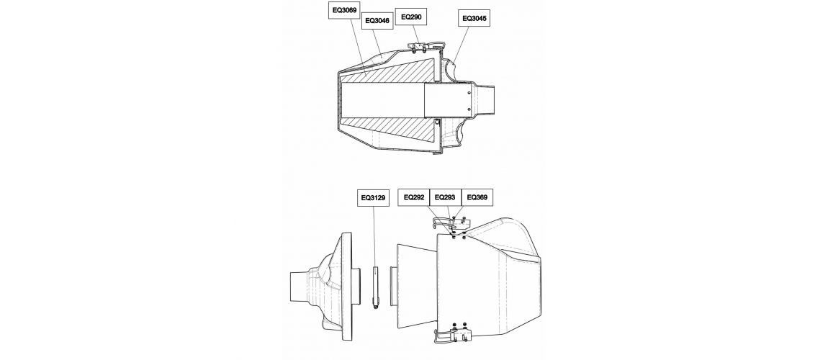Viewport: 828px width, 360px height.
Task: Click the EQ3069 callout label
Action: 344,10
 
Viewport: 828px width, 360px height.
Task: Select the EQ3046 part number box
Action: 377,21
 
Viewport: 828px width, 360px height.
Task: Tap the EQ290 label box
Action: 411,17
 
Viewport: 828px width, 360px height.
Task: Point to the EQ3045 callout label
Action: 474,18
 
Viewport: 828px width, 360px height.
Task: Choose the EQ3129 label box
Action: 373,199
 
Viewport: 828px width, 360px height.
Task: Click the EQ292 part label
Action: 414,197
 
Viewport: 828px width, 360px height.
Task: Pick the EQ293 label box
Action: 445,197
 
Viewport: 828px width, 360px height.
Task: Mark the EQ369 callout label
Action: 477,197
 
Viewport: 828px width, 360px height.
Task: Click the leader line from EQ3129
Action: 374,236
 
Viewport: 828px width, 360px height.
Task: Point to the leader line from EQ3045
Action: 459,45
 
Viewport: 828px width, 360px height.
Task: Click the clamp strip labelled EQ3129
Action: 375,288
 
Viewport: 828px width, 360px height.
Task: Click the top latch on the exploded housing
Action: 449,225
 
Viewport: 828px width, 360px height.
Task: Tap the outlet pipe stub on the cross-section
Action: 485,100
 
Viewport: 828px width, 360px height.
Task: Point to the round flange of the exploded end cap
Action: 347,286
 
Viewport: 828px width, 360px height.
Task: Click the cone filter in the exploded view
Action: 416,286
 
